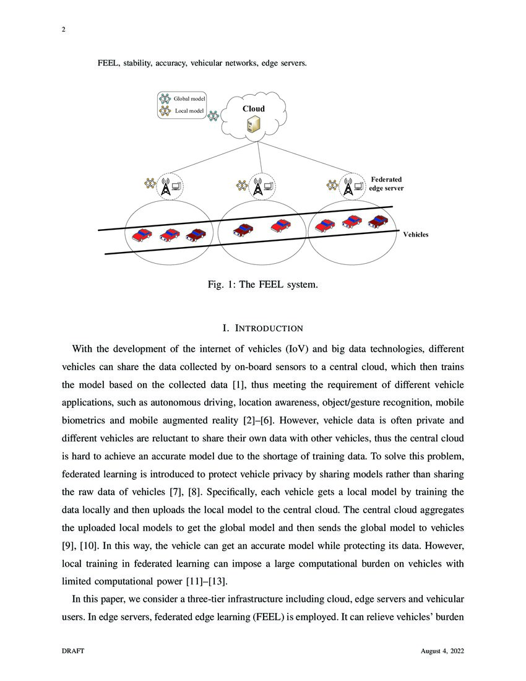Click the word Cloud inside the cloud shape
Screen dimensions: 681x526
[253, 109]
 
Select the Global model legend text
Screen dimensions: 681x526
[189, 98]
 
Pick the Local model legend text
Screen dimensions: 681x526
[190, 111]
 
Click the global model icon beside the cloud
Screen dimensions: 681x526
[213, 116]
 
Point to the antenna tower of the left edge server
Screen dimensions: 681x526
[165, 187]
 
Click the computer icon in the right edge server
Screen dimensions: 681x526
[359, 185]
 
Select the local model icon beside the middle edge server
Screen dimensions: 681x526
[242, 184]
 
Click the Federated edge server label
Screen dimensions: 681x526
[386, 184]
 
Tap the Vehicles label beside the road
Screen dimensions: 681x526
[415, 235]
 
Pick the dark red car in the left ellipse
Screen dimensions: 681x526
[196, 235]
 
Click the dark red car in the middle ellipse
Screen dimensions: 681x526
[243, 229]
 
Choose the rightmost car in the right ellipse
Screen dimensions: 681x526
[377, 222]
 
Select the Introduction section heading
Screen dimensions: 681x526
[262, 327]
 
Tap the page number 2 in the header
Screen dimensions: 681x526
[64, 28]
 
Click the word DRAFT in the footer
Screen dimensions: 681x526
[73, 651]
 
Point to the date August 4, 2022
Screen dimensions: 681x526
[442, 651]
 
